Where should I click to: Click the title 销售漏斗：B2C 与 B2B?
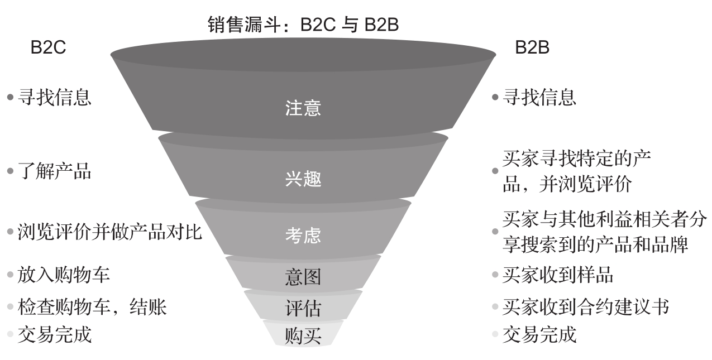[x=303, y=25]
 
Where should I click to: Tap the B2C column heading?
[x=48, y=48]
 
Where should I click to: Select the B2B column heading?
[x=532, y=48]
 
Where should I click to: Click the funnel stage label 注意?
[x=303, y=108]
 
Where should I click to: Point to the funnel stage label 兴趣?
[x=303, y=180]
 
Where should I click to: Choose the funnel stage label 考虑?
[x=303, y=235]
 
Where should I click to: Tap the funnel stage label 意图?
[x=303, y=277]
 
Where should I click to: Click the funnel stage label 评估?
[x=303, y=308]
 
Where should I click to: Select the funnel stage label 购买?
[x=303, y=337]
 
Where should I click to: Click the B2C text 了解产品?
[x=54, y=171]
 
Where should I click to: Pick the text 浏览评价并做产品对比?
[x=109, y=232]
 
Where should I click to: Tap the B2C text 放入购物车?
[x=64, y=275]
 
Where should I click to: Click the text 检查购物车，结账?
[x=92, y=306]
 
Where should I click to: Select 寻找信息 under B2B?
[x=539, y=98]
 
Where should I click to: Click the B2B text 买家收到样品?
[x=558, y=275]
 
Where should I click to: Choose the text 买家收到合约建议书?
[x=585, y=306]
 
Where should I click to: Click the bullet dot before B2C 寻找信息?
[x=9, y=98]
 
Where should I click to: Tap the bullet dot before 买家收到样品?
[x=495, y=275]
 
